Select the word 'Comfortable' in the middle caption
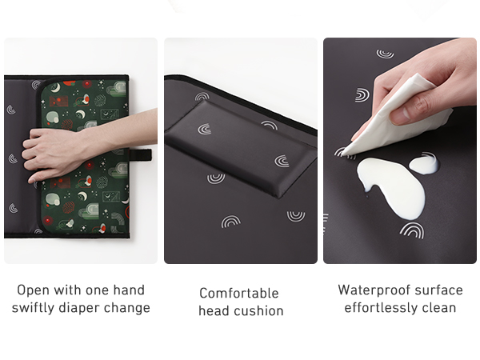click(239, 293)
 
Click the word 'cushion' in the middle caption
click(258, 310)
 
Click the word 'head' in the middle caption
click(214, 310)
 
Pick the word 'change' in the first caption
click(131, 308)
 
